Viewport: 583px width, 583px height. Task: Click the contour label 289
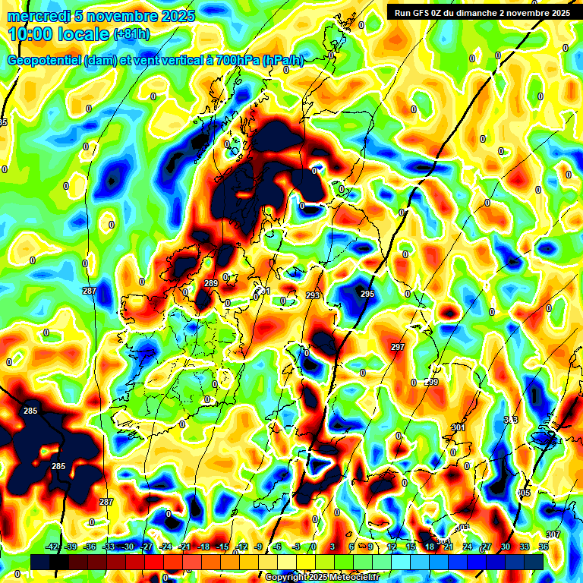point(211,283)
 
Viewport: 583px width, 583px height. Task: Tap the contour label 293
point(313,295)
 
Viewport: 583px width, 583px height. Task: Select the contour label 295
point(367,294)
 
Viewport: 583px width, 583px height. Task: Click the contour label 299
point(431,382)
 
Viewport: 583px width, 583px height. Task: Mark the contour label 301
point(458,427)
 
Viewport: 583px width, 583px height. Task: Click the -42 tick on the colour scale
point(52,547)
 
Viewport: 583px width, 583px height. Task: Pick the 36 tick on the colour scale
point(544,547)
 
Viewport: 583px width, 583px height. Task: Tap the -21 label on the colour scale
point(184,547)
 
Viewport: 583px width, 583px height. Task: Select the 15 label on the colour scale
point(411,547)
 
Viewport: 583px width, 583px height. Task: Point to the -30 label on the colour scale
point(128,547)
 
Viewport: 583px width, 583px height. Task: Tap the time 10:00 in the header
point(32,34)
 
